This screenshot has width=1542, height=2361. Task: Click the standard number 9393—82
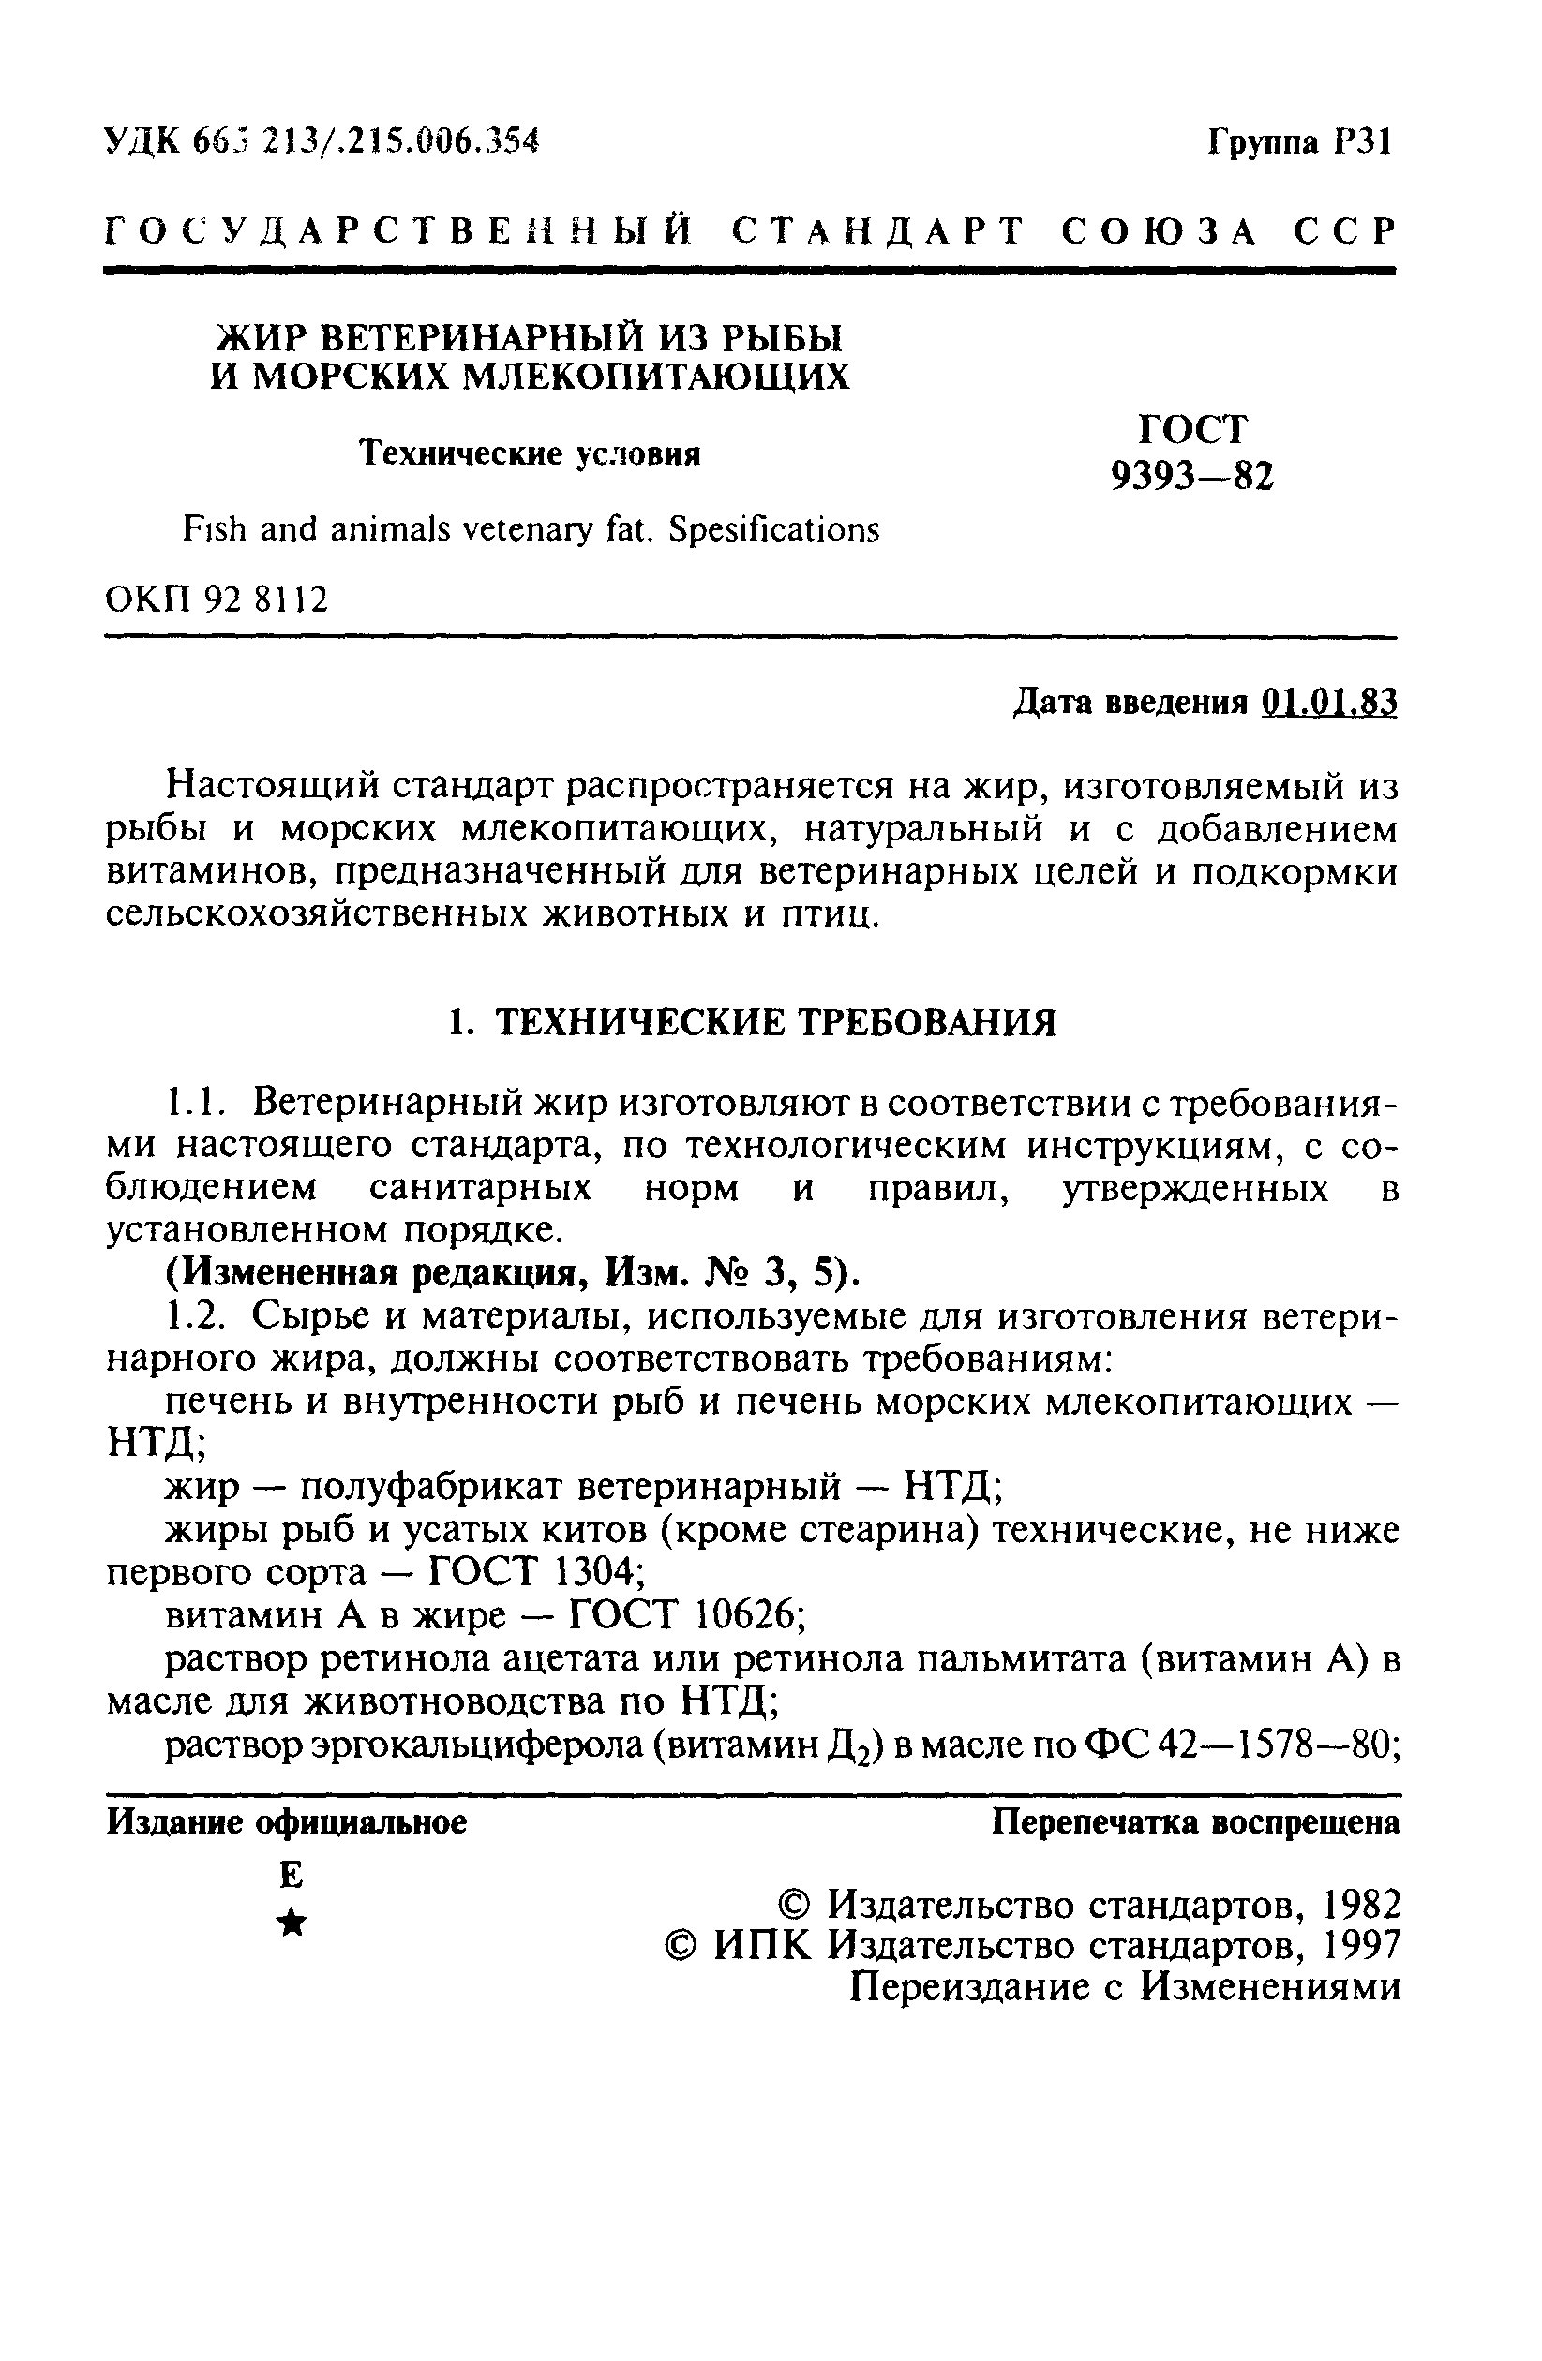(1190, 477)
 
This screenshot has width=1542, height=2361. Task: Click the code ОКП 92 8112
(217, 600)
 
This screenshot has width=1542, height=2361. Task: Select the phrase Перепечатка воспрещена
(1196, 1822)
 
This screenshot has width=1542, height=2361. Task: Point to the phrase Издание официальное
(287, 1822)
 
